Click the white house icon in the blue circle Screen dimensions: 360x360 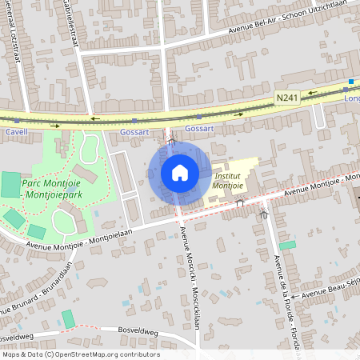point(179,173)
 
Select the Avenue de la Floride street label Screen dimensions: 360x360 point(285,300)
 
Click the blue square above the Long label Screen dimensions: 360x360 point(351,82)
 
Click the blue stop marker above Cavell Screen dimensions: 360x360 point(17,120)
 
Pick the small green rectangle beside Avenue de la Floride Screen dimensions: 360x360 point(287,245)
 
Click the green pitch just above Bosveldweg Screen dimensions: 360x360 point(69,318)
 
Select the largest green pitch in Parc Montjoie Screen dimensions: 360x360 point(11,184)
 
